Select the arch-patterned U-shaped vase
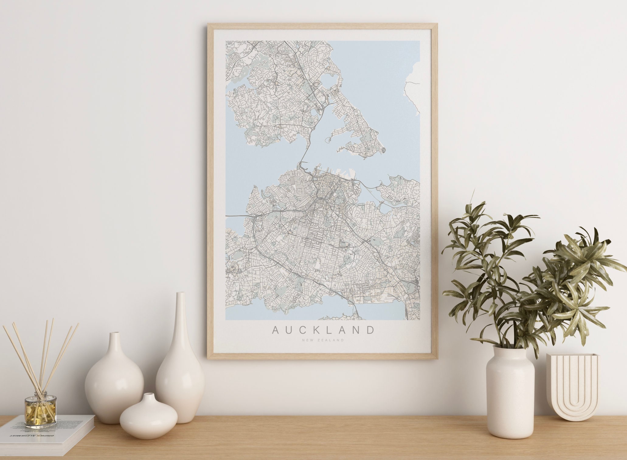point(572,386)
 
